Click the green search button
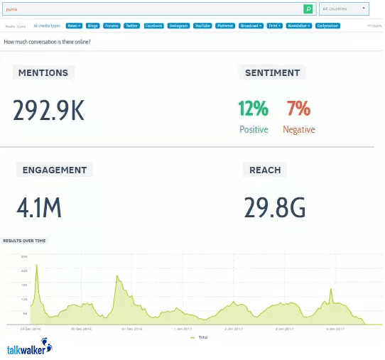point(308,9)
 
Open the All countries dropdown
point(344,9)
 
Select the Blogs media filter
point(93,26)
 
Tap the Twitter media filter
point(131,26)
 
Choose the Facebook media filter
point(154,26)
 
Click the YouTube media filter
point(202,26)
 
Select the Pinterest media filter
point(225,26)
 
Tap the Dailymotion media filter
point(327,26)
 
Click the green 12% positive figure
point(253,108)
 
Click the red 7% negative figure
point(298,108)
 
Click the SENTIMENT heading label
point(272,72)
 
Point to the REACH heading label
point(265,170)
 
